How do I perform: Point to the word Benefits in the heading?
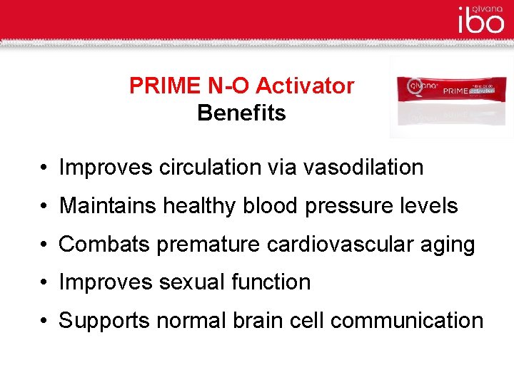tap(241, 113)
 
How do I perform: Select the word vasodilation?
tap(363, 168)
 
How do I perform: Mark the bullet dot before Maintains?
tap(44, 207)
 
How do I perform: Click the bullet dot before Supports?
tap(44, 322)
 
